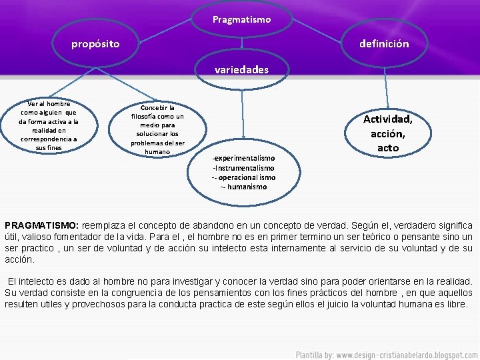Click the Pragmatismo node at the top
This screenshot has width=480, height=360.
tap(242, 19)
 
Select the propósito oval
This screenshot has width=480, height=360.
tap(96, 44)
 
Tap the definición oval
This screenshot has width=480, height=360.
tap(384, 44)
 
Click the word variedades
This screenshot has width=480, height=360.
tap(242, 69)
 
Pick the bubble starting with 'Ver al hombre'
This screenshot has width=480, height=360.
tap(48, 125)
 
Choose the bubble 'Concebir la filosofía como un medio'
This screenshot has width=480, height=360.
tap(158, 129)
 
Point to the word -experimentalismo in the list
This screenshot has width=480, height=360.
tap(243, 158)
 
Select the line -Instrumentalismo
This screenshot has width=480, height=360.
tap(243, 168)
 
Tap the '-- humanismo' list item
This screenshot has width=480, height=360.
tap(243, 187)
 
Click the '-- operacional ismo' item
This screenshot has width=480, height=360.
tap(243, 177)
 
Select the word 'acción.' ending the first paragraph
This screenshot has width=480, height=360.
tap(19, 259)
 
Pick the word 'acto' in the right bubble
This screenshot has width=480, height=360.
tap(387, 148)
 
